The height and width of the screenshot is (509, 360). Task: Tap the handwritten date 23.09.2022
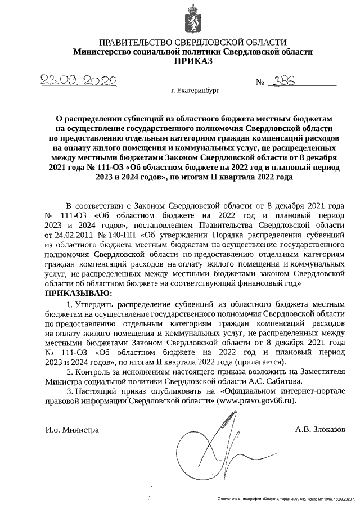[x=79, y=81]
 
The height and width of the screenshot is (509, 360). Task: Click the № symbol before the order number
[x=260, y=83]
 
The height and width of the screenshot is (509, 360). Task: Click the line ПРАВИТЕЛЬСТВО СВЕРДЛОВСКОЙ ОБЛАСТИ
[x=193, y=43]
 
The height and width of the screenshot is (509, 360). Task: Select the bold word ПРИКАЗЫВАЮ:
[x=79, y=294]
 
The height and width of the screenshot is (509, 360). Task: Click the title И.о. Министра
[x=72, y=430]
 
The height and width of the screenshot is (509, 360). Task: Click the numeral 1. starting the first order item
[x=70, y=304]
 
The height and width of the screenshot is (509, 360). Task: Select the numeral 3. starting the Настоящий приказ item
[x=70, y=391]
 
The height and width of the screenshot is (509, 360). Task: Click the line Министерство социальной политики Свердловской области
[x=193, y=52]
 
